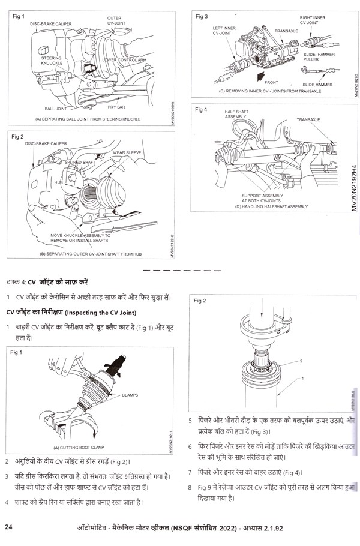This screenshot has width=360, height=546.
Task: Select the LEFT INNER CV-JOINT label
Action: point(223,31)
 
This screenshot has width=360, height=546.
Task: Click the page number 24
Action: point(10,527)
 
